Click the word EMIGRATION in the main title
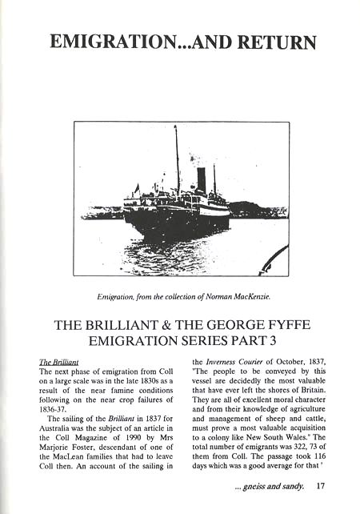(x=106, y=42)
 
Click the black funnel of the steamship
(x=202, y=179)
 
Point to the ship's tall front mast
(x=177, y=160)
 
